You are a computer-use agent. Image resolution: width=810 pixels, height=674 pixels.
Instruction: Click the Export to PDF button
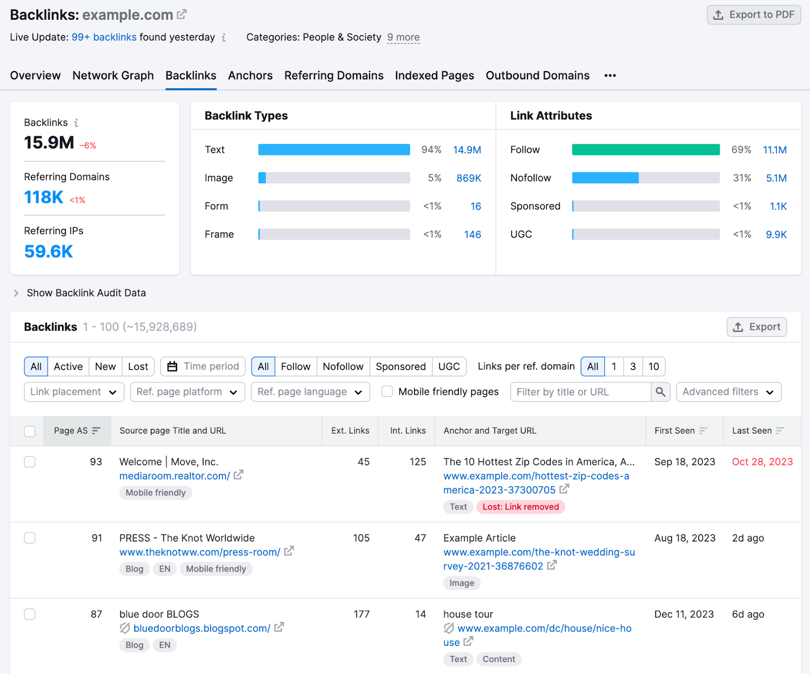point(753,15)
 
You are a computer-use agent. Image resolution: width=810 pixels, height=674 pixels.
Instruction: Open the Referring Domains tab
point(334,75)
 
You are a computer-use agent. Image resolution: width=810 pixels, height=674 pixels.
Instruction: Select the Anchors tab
point(250,75)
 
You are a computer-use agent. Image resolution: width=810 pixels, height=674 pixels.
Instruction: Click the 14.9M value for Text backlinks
point(467,150)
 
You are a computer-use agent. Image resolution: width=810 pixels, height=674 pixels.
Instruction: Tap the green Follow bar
point(645,150)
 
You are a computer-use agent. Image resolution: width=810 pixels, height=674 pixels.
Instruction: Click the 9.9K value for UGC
point(776,234)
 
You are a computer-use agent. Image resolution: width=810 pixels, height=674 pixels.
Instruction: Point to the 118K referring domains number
point(44,197)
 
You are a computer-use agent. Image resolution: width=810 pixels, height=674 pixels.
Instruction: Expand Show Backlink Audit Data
point(86,293)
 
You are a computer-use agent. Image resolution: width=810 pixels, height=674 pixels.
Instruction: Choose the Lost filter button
point(138,366)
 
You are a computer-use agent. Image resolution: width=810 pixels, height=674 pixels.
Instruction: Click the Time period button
point(203,366)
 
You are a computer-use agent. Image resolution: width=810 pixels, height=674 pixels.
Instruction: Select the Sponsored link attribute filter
point(400,366)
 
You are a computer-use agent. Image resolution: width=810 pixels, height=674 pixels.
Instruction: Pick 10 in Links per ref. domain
point(654,366)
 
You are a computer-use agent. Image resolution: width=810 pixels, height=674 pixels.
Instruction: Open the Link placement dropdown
point(74,392)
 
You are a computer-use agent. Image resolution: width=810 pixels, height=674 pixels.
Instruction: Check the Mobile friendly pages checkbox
point(387,392)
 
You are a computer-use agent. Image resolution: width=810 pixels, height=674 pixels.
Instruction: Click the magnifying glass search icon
point(660,392)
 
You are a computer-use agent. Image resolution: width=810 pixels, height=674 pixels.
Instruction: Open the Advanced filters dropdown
point(728,392)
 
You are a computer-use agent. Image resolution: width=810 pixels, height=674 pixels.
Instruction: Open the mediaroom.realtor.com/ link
point(175,476)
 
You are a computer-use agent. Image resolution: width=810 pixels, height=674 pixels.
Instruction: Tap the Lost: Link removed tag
point(520,507)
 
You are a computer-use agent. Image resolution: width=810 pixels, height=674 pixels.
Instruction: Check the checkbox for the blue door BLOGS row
point(30,614)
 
